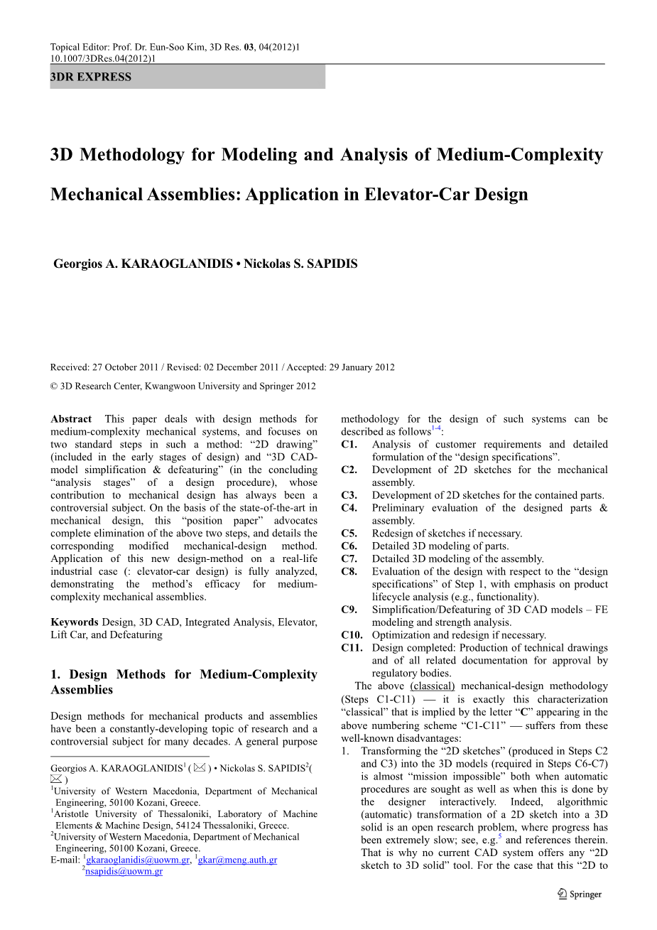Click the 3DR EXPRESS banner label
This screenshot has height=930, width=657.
point(91,77)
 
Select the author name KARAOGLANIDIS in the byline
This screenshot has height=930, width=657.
point(178,264)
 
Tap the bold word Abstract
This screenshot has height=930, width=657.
point(71,419)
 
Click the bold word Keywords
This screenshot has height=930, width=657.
point(75,622)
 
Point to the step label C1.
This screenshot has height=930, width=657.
point(349,445)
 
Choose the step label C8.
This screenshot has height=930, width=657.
point(349,572)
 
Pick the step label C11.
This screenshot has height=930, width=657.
point(352,648)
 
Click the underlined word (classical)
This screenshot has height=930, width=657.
point(433,686)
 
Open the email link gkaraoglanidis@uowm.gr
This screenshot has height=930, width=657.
point(138,860)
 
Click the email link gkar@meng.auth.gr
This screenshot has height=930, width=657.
point(237,860)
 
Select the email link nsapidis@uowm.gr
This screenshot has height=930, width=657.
point(124,872)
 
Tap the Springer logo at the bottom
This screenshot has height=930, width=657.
point(580,894)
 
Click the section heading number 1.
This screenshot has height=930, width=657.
point(55,675)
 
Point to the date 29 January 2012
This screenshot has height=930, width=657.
point(361,367)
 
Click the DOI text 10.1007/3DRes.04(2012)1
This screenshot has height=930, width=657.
point(103,58)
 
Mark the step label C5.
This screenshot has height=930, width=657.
point(349,534)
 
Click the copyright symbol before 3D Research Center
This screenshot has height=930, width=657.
point(54,386)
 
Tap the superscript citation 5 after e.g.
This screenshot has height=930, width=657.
point(499,837)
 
